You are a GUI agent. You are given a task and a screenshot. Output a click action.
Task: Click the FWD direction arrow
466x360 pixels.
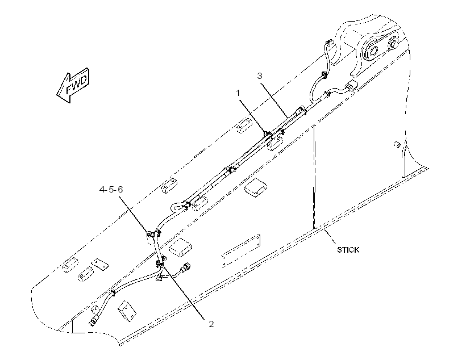pos(73,85)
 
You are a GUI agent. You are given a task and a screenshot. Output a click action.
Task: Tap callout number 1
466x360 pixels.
pos(238,93)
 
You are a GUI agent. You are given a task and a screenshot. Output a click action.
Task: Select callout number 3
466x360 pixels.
pos(260,76)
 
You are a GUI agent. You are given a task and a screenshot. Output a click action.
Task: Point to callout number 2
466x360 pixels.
pos(211,324)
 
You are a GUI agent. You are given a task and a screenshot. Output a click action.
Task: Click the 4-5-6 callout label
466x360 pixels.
pos(111,190)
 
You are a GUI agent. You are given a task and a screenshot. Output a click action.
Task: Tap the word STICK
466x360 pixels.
pos(348,250)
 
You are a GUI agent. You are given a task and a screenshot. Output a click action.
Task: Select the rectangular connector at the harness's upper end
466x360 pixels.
pos(352,86)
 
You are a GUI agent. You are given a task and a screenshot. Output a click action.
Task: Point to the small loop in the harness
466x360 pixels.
pos(177,206)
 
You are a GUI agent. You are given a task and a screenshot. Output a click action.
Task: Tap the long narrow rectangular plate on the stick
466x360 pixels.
pos(241,250)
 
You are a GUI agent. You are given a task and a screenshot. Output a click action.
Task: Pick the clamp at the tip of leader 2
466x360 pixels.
pos(160,263)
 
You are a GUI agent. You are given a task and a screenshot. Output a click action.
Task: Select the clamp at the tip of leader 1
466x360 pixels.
pos(267,133)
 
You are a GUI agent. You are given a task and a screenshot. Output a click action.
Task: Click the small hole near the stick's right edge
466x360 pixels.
pos(396,145)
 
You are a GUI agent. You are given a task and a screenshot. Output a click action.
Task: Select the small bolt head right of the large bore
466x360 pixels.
pos(394,44)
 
